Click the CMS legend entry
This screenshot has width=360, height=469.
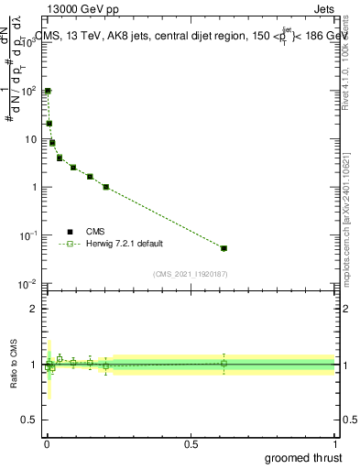pos(96,232)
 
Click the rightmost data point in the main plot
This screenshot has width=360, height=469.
pos(224,248)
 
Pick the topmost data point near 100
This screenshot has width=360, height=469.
pos(48,92)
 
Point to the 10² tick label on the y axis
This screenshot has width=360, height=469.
pos(28,92)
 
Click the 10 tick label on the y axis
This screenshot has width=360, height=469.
pos(30,139)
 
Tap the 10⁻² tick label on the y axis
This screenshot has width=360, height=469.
pos(28,284)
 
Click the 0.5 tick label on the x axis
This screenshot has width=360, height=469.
pos(191,443)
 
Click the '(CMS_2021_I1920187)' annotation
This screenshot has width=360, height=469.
pos(190,274)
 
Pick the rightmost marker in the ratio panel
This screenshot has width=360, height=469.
pos(224,364)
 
